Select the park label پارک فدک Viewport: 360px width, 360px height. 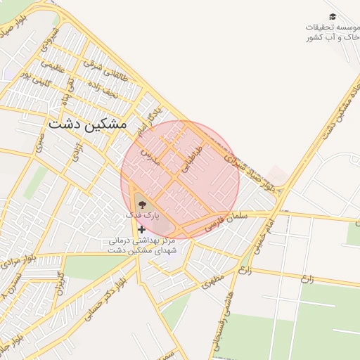[143, 214]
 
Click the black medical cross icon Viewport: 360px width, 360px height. [142, 229]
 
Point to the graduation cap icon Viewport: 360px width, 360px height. [333, 16]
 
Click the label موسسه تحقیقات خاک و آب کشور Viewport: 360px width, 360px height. [332, 32]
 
